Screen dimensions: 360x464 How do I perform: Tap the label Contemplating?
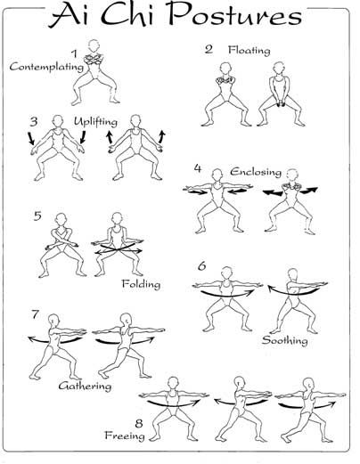click(46, 67)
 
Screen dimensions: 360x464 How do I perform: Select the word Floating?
click(250, 50)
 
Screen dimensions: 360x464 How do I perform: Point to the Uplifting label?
click(95, 121)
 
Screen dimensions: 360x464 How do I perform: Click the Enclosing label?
click(256, 172)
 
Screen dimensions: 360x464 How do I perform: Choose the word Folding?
click(141, 284)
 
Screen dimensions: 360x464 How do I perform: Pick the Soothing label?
click(284, 340)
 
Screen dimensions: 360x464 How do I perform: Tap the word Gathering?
click(85, 386)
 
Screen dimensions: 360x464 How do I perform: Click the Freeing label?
click(125, 436)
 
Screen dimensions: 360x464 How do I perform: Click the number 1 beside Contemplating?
click(74, 53)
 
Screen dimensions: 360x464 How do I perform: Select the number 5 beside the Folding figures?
click(37, 216)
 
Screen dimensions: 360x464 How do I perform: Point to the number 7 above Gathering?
click(36, 314)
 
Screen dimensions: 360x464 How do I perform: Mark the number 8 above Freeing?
click(139, 423)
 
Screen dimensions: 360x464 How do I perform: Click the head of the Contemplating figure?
click(94, 47)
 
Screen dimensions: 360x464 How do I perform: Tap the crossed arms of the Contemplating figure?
click(94, 60)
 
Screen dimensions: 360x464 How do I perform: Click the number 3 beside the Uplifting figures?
click(34, 121)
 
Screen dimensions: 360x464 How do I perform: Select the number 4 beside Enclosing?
click(198, 168)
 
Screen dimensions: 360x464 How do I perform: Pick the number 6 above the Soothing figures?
click(202, 266)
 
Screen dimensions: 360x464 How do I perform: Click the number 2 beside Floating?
click(209, 49)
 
